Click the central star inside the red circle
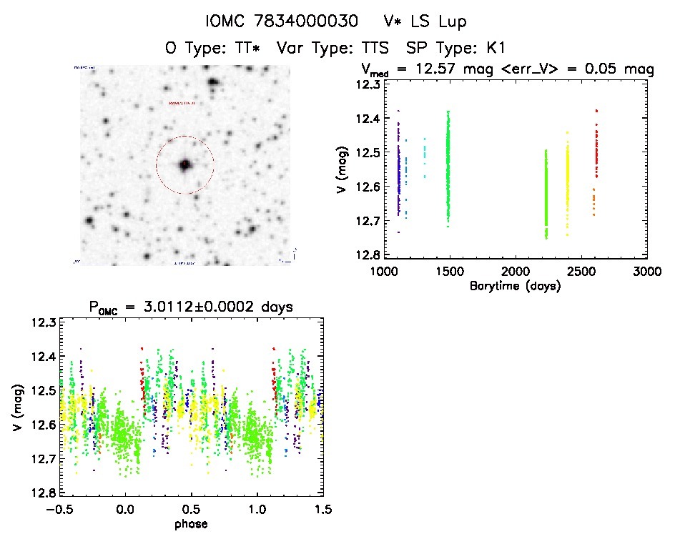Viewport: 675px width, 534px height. coord(185,164)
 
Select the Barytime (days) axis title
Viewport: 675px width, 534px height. coord(516,287)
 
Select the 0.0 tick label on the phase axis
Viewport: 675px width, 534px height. coord(125,510)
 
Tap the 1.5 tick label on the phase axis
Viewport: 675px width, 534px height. coord(322,510)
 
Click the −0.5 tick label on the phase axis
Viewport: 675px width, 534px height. coord(57,510)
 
